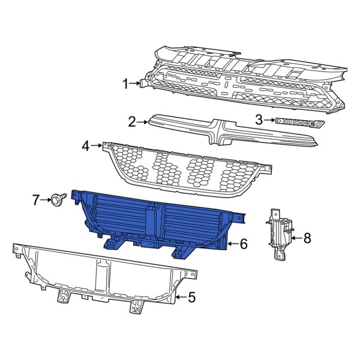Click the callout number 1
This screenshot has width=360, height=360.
pyautogui.click(x=126, y=85)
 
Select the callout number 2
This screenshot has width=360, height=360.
pyautogui.click(x=132, y=122)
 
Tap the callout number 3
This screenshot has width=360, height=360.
pyautogui.click(x=259, y=120)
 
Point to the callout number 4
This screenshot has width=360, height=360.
pyautogui.click(x=86, y=145)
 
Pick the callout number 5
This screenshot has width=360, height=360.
pyautogui.click(x=192, y=296)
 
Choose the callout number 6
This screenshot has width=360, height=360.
pyautogui.click(x=243, y=244)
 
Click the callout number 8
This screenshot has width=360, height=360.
pyautogui.click(x=307, y=238)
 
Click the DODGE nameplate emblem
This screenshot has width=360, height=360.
pyautogui.click(x=299, y=122)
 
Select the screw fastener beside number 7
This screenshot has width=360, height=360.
pyautogui.click(x=59, y=199)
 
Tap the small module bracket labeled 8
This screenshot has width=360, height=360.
pyautogui.click(x=278, y=233)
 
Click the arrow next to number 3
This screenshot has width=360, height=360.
pyautogui.click(x=269, y=121)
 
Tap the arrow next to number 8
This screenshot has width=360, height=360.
pyautogui.click(x=296, y=238)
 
